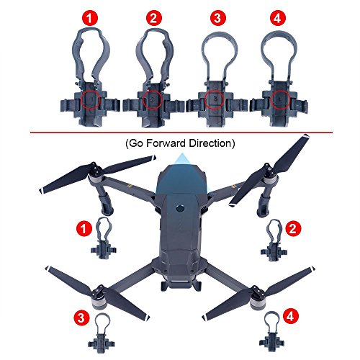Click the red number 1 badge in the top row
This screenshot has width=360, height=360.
90,18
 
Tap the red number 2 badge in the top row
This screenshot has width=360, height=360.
154,18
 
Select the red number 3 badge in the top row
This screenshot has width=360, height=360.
217,18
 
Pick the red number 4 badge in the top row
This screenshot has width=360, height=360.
278,18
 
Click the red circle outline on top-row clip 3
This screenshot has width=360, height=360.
215,99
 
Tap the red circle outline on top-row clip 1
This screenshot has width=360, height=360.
90,99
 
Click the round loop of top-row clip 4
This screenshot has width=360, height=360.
279,33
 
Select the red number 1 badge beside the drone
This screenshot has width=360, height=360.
84,228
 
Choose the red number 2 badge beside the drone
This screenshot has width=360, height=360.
293,228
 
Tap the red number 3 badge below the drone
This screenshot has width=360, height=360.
81,318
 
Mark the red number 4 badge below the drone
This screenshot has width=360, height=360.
290,316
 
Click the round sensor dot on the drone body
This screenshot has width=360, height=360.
180,208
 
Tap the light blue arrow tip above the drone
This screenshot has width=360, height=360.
182,154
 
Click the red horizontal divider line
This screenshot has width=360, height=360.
181,132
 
